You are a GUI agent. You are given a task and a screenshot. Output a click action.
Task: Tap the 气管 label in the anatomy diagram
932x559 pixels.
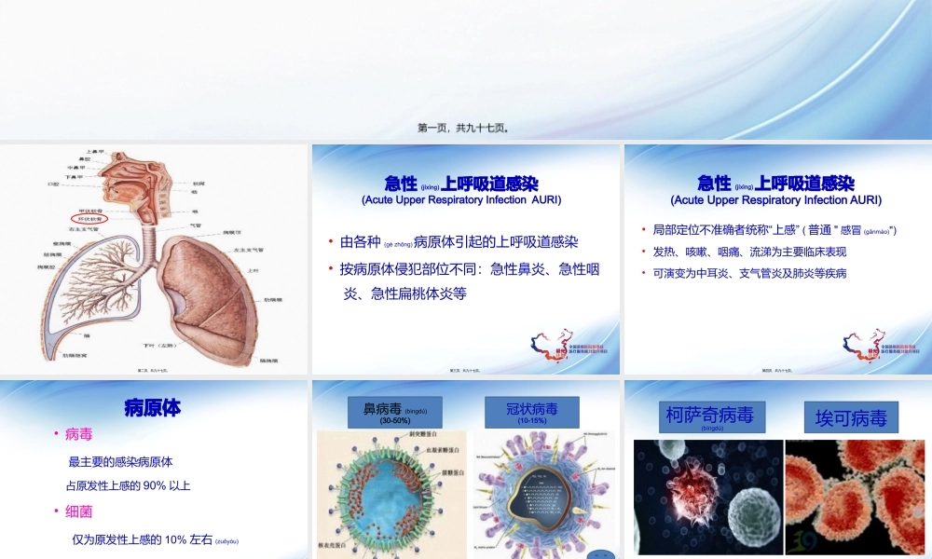click(196, 225)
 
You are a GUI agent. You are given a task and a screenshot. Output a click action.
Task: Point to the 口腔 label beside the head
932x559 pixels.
click(52, 184)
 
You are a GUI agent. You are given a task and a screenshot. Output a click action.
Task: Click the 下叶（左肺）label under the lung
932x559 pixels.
click(185, 345)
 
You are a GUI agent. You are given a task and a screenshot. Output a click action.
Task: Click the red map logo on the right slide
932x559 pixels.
click(859, 342)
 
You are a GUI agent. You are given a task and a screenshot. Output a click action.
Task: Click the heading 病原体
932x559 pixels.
click(152, 407)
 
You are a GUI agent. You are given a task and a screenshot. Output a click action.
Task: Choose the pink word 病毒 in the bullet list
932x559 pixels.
click(79, 434)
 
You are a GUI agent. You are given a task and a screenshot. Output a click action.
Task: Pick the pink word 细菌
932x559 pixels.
click(79, 511)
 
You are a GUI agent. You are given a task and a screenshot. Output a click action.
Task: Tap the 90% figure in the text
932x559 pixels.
click(144, 485)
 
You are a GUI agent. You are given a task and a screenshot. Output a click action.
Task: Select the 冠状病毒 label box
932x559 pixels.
click(531, 412)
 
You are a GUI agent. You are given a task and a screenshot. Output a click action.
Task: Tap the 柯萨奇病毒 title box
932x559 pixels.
click(709, 416)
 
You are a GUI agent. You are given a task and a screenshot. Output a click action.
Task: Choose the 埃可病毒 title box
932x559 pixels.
click(851, 417)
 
